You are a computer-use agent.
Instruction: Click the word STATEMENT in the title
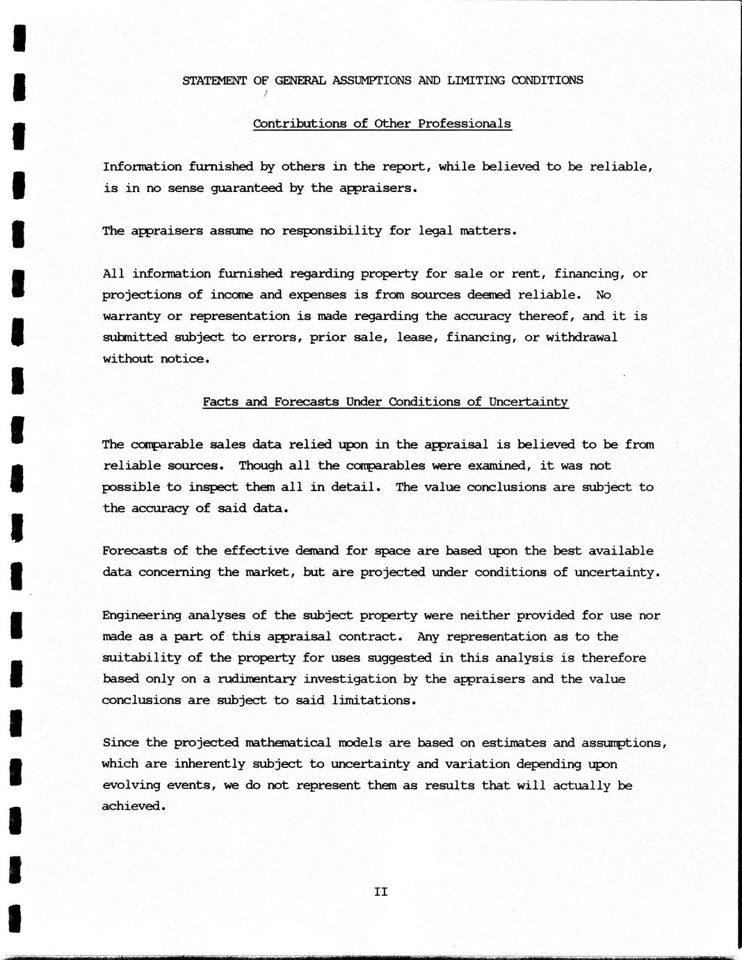[x=214, y=80]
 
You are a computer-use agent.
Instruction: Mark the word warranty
[x=131, y=317]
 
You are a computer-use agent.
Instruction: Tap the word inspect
[x=213, y=487]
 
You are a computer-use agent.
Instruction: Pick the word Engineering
[x=141, y=616]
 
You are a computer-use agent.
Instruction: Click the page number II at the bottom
[x=380, y=892]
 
